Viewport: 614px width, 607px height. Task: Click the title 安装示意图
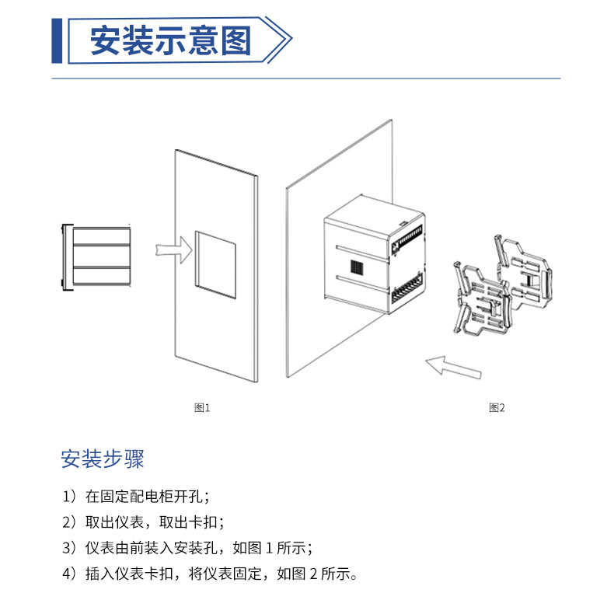171,40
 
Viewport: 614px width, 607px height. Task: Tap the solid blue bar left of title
57,40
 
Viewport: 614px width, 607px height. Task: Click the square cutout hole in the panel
216,265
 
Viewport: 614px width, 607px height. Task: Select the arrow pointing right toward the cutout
174,249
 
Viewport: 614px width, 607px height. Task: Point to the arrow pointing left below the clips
453,368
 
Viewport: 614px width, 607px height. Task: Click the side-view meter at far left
96,257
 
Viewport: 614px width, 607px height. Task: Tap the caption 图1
202,408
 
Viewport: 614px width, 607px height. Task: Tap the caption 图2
497,408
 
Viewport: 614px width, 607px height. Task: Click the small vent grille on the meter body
357,267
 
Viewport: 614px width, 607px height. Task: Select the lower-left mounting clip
483,299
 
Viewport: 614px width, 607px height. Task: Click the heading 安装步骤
103,459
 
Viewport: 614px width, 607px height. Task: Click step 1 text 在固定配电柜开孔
143,496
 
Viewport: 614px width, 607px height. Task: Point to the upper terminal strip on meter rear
409,236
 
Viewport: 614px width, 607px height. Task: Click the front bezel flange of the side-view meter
67,257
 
